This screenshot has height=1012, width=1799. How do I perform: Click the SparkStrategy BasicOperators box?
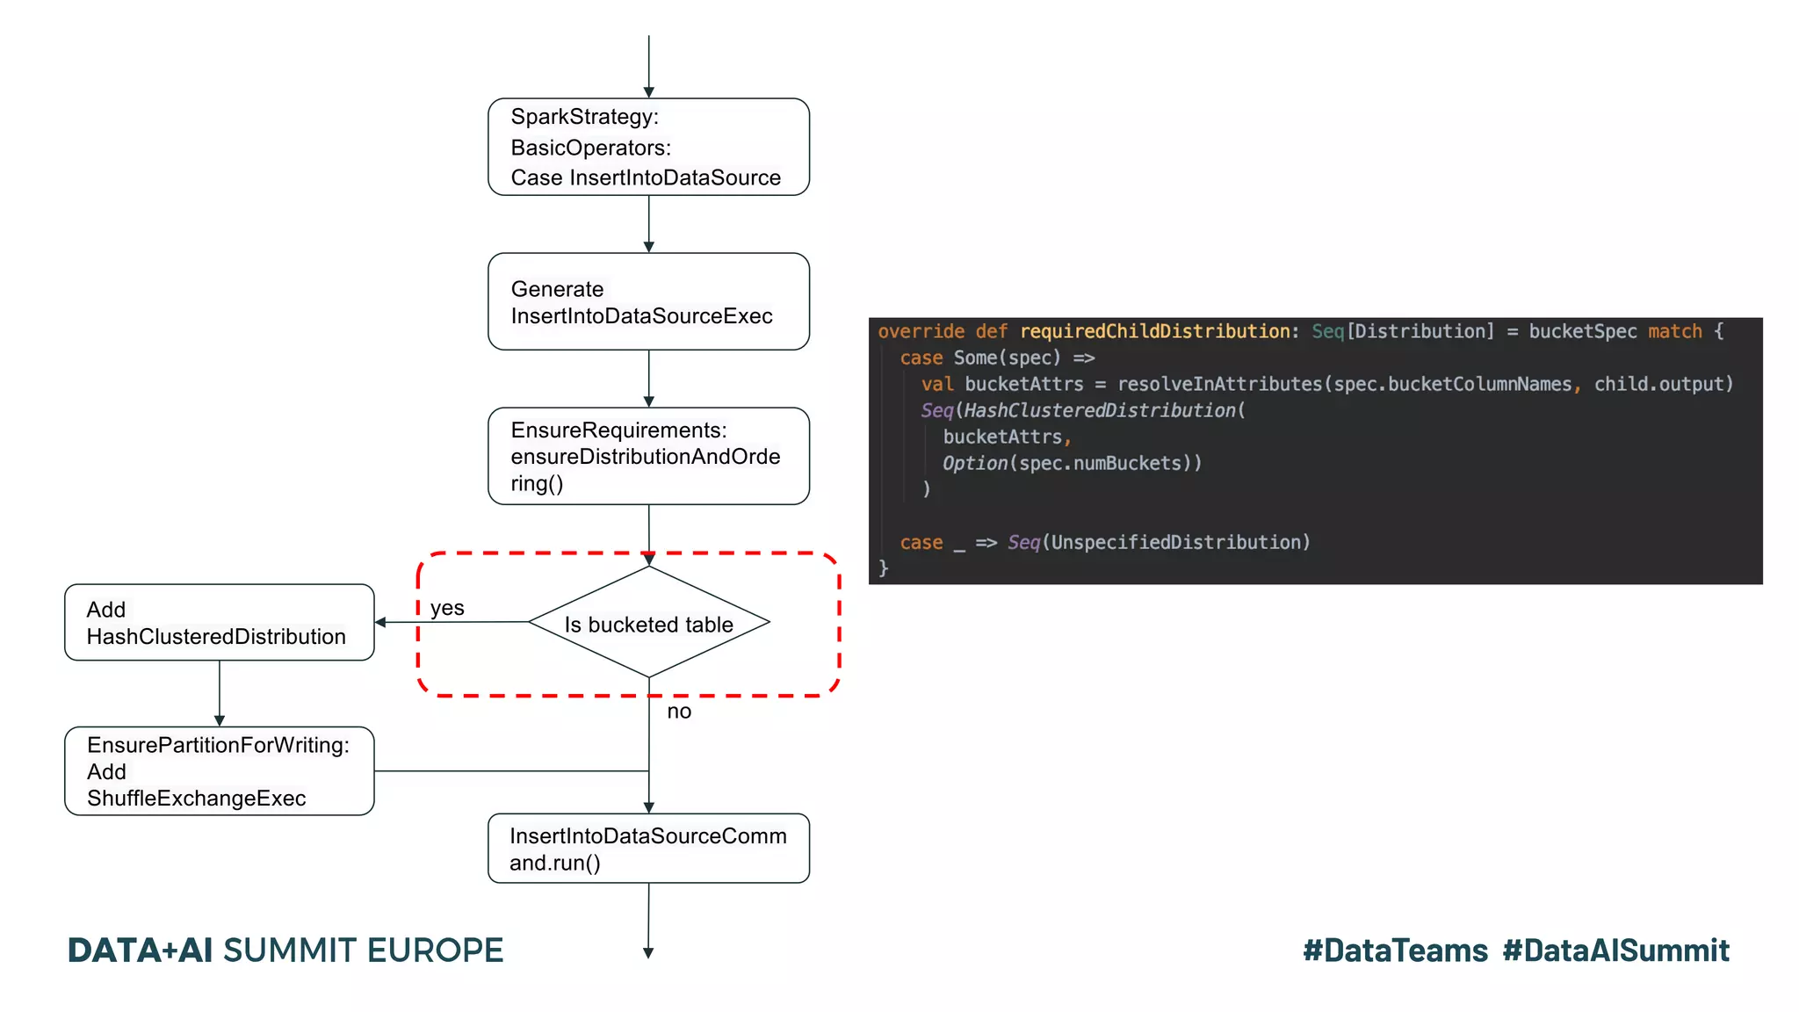[x=648, y=147]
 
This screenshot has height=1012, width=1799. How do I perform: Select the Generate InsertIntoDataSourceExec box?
[x=648, y=301]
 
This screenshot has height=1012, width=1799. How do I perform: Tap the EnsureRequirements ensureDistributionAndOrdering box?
[x=648, y=456]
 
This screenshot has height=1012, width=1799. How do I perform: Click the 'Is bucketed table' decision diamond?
[x=648, y=623]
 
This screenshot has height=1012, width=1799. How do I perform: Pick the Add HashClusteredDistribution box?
[x=220, y=622]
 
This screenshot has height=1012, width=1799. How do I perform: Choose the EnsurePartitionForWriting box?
[x=220, y=770]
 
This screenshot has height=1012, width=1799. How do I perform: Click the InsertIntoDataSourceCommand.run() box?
[x=648, y=848]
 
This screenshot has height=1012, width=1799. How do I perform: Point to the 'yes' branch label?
[x=447, y=607]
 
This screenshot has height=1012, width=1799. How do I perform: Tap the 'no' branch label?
[x=679, y=711]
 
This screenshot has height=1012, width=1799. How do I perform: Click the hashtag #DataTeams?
[x=1395, y=951]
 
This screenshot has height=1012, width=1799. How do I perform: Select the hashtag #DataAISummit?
[x=1615, y=951]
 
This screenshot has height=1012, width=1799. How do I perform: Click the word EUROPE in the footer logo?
[x=435, y=951]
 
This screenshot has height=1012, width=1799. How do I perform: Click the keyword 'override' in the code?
[x=921, y=331]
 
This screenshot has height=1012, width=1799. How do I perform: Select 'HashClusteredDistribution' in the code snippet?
[x=1100, y=410]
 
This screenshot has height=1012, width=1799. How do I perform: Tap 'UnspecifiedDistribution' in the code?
[x=1175, y=542]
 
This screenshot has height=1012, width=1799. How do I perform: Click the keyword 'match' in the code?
[x=1674, y=331]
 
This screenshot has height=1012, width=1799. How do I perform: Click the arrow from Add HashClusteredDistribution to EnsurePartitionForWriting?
[x=220, y=693]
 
